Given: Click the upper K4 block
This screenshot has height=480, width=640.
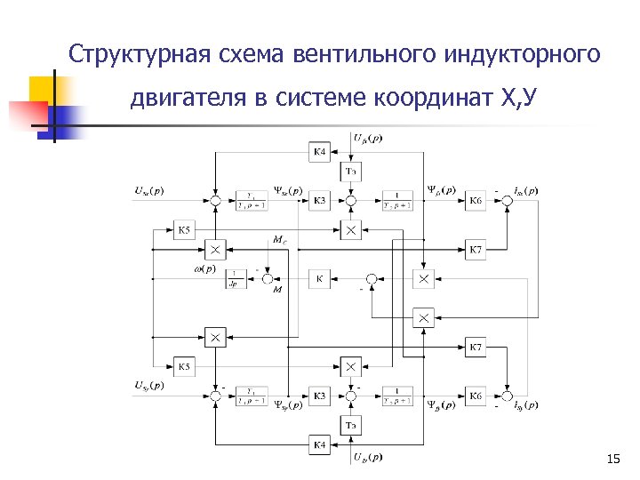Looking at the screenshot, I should (x=321, y=153).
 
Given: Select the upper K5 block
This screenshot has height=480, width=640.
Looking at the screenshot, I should (x=184, y=230).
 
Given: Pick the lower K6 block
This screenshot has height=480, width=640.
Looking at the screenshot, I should (x=476, y=396).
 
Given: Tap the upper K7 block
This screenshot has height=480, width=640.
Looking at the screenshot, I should (x=476, y=249).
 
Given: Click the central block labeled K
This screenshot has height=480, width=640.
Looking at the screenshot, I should (x=321, y=279).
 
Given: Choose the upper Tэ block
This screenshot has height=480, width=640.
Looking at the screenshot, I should (x=352, y=171).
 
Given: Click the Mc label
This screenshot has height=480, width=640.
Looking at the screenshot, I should (x=280, y=239).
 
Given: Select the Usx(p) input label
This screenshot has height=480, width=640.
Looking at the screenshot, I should (x=148, y=189).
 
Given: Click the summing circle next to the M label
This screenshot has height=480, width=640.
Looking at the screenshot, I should (x=268, y=279).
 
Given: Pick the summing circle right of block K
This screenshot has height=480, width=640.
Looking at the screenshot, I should (x=373, y=279).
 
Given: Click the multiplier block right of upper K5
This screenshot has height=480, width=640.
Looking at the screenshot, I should (x=214, y=248).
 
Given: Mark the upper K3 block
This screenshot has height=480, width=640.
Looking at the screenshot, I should (x=321, y=202).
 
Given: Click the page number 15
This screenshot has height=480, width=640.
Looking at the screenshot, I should (x=612, y=459).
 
